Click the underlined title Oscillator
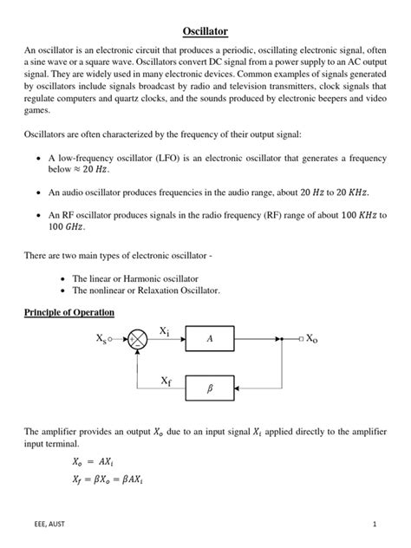205,31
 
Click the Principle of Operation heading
69,312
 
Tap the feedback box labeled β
210,389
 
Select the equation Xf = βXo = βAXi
112,479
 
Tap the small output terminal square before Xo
300,340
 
